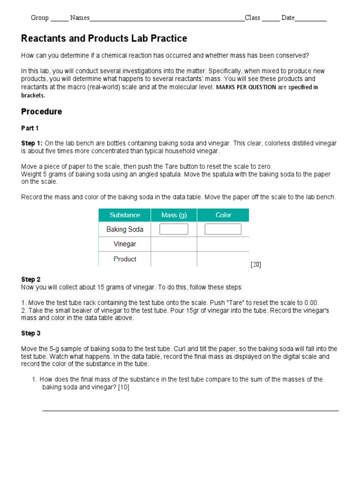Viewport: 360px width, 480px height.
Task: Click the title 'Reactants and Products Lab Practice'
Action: [104, 39]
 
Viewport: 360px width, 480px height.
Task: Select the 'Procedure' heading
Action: [41, 112]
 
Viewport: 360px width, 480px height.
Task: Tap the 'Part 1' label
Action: [30, 128]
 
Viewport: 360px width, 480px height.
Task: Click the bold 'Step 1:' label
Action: [32, 143]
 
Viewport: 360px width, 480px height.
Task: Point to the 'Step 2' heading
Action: [31, 279]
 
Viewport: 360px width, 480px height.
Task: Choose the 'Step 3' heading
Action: [31, 333]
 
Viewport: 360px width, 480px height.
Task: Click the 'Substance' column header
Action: [125, 215]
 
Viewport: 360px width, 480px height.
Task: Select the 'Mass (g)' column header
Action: [173, 215]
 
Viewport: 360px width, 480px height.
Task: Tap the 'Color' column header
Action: [223, 215]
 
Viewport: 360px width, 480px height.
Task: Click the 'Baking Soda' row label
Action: [125, 229]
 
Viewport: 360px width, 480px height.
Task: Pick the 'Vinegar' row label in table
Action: [125, 244]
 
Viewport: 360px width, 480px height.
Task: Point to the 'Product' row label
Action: [125, 259]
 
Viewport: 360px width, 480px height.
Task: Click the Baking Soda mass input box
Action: [174, 229]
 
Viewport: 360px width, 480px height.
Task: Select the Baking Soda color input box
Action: [223, 229]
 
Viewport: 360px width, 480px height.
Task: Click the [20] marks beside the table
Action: [256, 265]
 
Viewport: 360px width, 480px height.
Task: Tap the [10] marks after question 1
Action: [124, 387]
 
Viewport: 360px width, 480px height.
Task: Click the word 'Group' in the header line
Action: [40, 18]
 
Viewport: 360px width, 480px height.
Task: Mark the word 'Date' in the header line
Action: [288, 18]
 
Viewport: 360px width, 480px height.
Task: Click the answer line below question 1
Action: [190, 411]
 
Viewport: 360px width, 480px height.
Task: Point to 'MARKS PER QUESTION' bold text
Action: [246, 87]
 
